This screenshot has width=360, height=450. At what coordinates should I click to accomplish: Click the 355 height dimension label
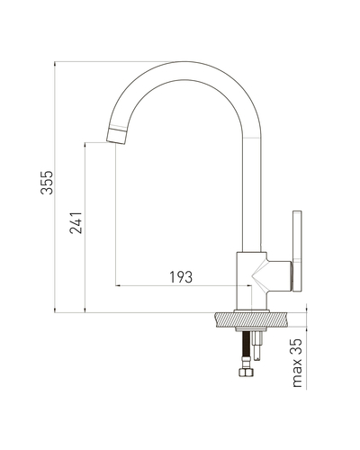pos(47,183)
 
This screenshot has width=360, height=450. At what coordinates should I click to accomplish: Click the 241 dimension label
pos(76,222)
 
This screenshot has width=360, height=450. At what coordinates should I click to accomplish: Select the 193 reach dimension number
pos(181,277)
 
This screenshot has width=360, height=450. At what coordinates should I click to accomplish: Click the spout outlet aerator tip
pos(117,135)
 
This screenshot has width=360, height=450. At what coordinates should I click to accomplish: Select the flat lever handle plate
pos(297,251)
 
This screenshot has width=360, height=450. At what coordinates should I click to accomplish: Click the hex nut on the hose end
pos(246,373)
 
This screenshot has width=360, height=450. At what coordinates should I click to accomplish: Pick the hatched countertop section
pos(251,319)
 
